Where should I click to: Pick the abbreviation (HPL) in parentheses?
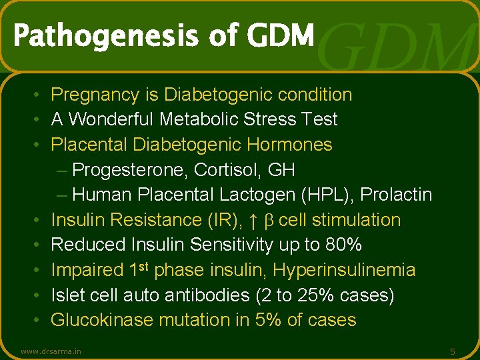330,195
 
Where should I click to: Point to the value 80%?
343,245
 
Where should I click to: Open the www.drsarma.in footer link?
51,351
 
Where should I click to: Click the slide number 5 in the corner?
453,351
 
